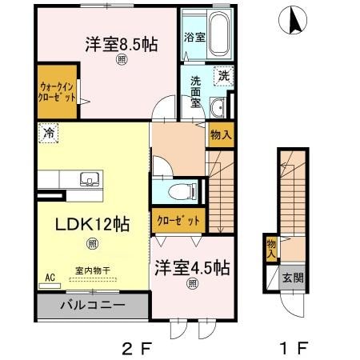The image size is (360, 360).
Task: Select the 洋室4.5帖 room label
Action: pos(193,266)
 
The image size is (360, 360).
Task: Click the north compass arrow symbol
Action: pos(294,18)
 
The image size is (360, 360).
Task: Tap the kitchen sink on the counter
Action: pos(88,178)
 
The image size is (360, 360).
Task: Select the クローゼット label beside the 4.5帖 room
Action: pos(174,220)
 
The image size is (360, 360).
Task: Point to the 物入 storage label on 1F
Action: pos(271,247)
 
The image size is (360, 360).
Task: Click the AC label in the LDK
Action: pos(50,278)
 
